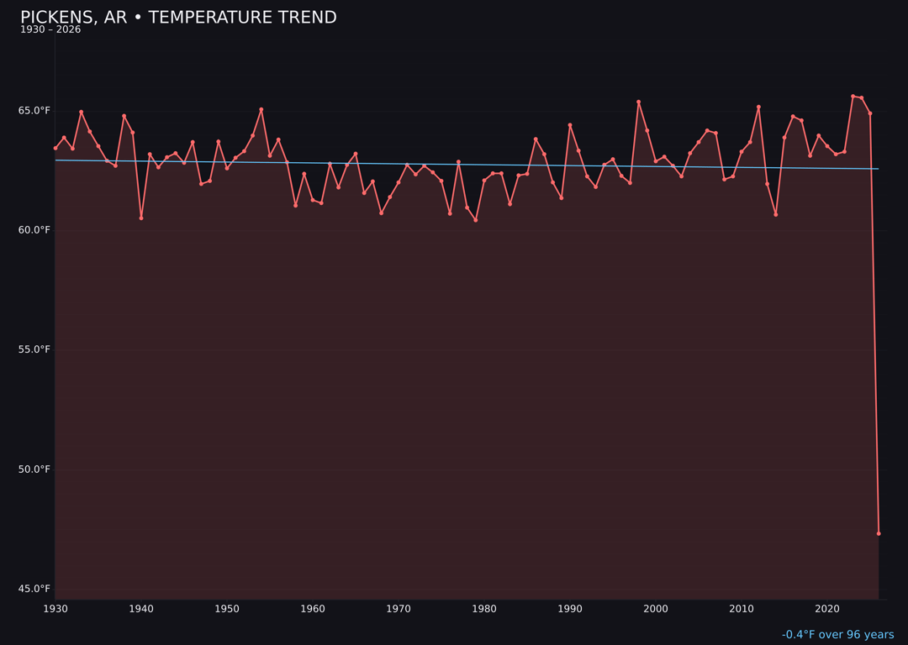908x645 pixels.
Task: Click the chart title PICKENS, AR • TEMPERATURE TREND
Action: pyautogui.click(x=178, y=18)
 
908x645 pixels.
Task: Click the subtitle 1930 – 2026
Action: pyautogui.click(x=50, y=30)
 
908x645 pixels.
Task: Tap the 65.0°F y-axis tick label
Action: pyautogui.click(x=34, y=111)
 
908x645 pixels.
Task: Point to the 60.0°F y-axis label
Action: pyautogui.click(x=34, y=230)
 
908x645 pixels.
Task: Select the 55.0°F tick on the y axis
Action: pyautogui.click(x=34, y=349)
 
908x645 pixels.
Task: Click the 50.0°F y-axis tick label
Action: pyautogui.click(x=34, y=469)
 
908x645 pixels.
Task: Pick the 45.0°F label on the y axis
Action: pyautogui.click(x=34, y=589)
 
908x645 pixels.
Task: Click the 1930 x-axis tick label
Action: pyautogui.click(x=55, y=609)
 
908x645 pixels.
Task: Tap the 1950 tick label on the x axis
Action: pyautogui.click(x=227, y=609)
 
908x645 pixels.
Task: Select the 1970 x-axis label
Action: pyautogui.click(x=399, y=609)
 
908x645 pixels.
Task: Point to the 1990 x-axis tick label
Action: pyautogui.click(x=570, y=609)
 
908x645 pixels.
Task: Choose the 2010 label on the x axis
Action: pyautogui.click(x=742, y=609)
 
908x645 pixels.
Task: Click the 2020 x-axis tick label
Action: pyautogui.click(x=827, y=609)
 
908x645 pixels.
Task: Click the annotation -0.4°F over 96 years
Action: pyautogui.click(x=837, y=635)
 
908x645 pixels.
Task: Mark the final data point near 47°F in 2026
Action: pyautogui.click(x=879, y=533)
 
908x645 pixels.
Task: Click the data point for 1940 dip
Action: pyautogui.click(x=141, y=218)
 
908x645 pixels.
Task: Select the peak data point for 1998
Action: pyautogui.click(x=638, y=102)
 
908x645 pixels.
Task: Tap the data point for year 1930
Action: pyautogui.click(x=55, y=148)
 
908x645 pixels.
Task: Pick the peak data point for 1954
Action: pyautogui.click(x=261, y=109)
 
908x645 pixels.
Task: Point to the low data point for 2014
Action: pyautogui.click(x=776, y=214)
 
